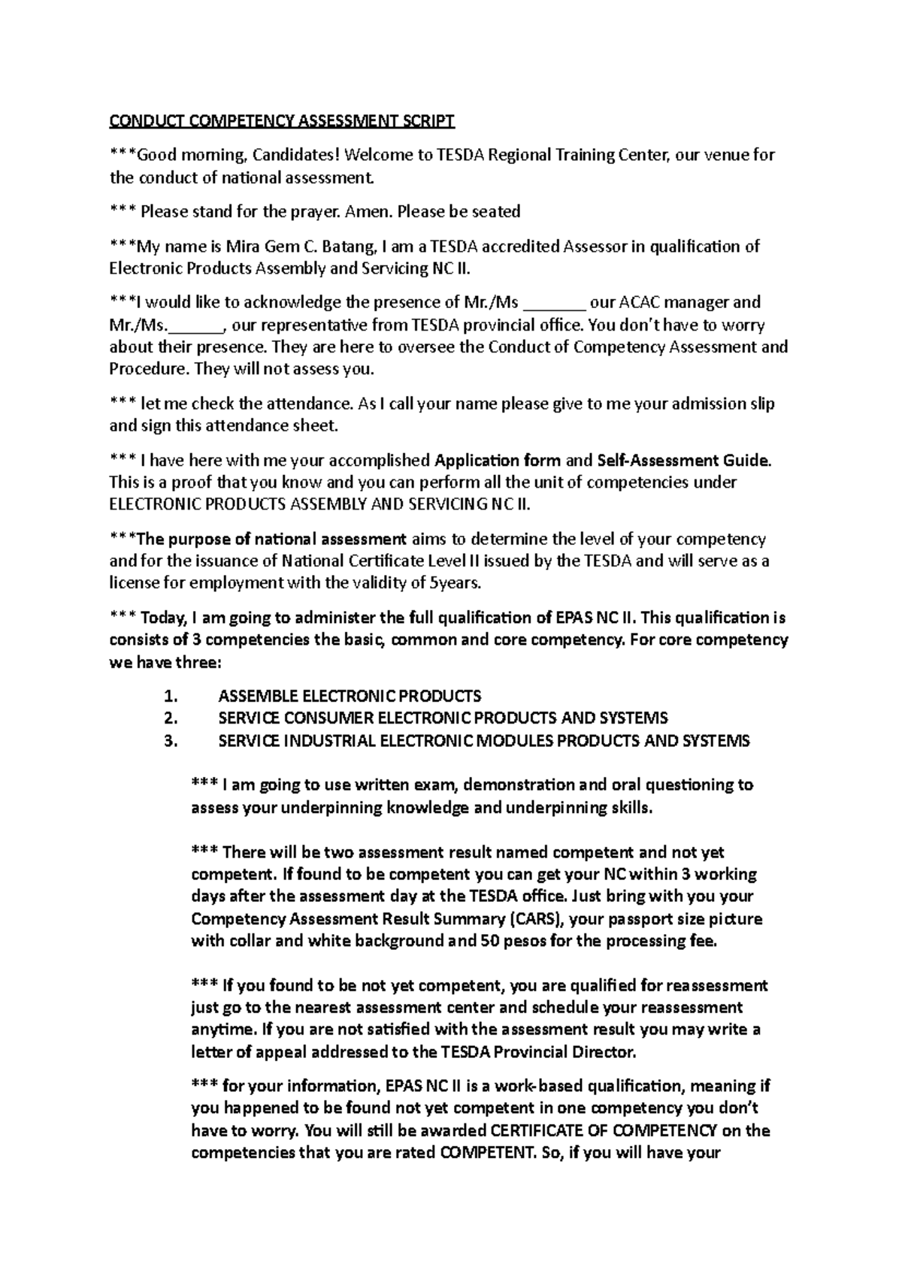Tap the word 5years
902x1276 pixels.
click(x=455, y=583)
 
